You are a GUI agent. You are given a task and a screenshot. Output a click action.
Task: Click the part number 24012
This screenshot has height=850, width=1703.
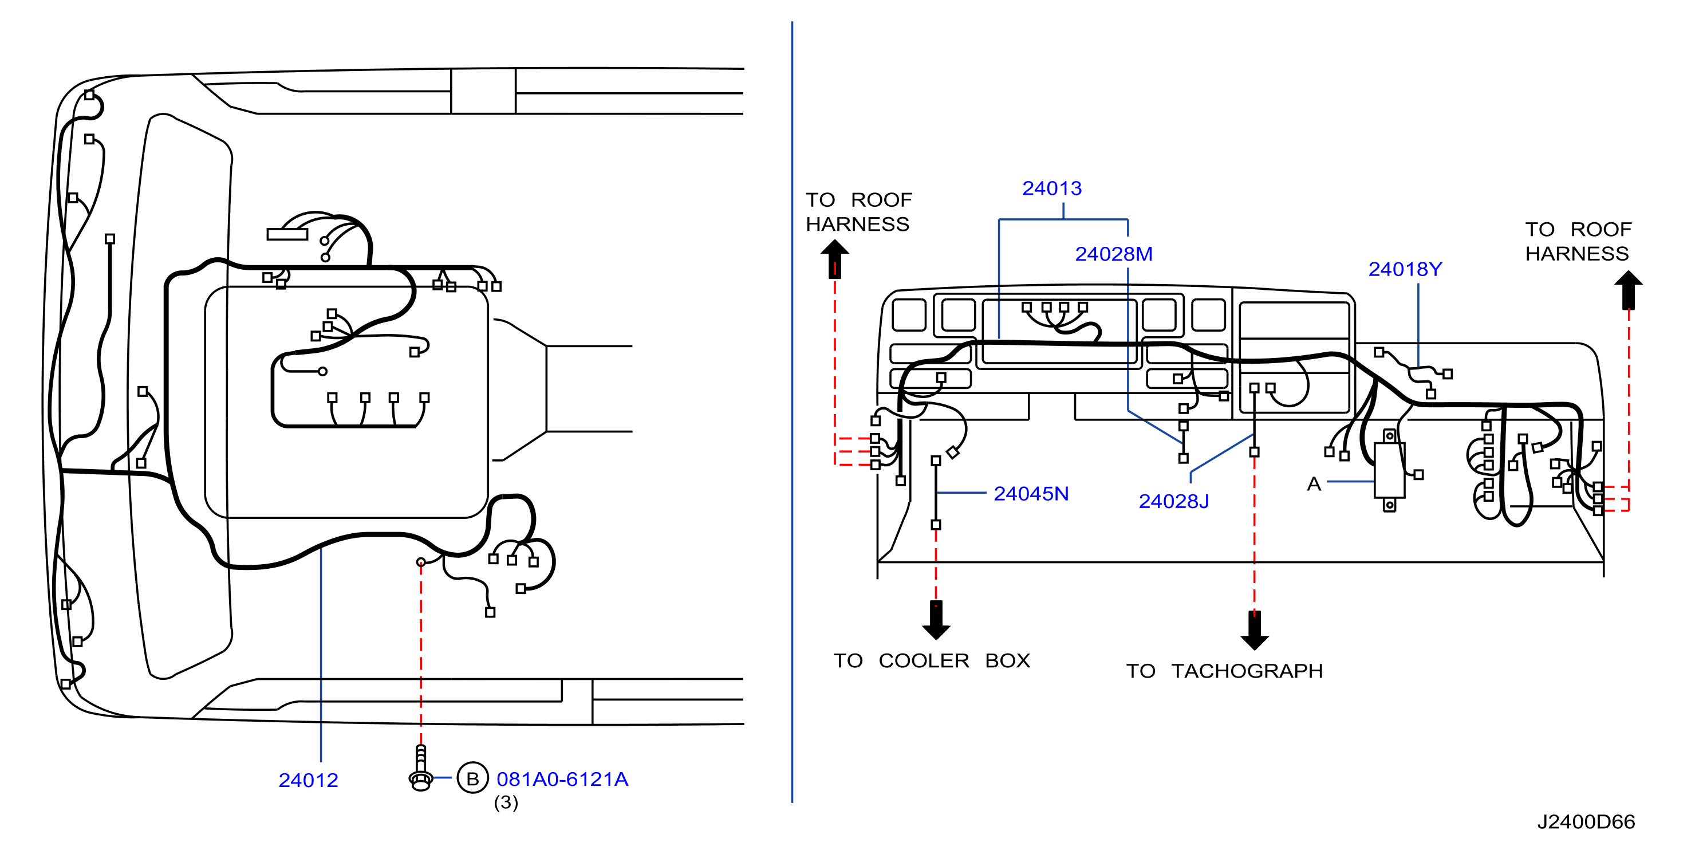[x=308, y=781]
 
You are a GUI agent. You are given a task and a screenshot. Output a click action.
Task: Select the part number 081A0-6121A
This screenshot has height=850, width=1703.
[x=562, y=779]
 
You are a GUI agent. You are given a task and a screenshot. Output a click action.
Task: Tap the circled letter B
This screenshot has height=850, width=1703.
[x=472, y=778]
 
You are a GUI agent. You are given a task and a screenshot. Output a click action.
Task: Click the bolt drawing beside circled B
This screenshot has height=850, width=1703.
[x=421, y=768]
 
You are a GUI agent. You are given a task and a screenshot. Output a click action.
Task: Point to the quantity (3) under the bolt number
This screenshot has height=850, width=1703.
[x=506, y=802]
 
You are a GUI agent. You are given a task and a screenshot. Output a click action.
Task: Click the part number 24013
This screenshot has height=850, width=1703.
[x=1052, y=188]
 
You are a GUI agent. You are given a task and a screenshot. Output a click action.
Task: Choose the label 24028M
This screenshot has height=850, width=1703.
[x=1114, y=254]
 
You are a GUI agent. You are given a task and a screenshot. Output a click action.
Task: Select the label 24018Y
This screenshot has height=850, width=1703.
[x=1405, y=269]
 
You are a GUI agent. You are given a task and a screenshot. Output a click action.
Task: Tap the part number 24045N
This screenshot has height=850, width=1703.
[x=1031, y=494]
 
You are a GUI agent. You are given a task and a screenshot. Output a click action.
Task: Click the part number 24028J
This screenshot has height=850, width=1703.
[x=1174, y=501]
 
